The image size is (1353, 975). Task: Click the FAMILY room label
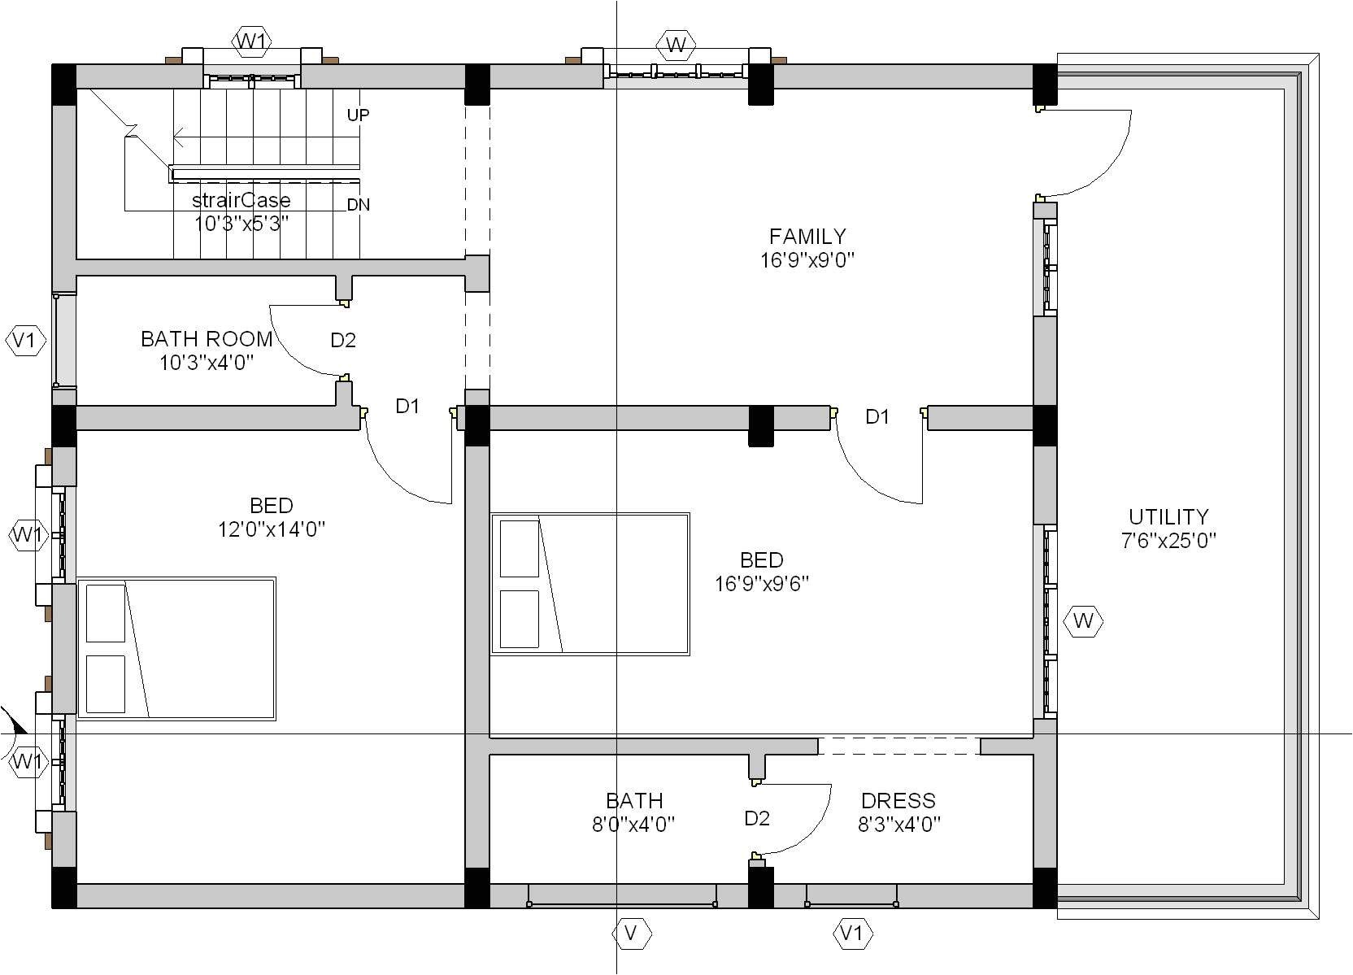tap(807, 236)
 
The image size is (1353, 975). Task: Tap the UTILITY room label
tap(1168, 516)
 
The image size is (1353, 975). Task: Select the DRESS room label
tap(898, 800)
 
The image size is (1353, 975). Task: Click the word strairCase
tap(241, 200)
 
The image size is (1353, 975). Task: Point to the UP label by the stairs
tap(359, 115)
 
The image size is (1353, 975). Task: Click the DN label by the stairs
tap(359, 205)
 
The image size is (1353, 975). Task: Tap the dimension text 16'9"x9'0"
tap(807, 260)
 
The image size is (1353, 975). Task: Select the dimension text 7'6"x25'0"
tap(1168, 541)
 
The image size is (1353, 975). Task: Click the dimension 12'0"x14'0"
tap(272, 530)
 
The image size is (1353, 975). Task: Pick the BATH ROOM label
tap(207, 339)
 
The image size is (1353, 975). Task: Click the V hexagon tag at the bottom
tap(632, 934)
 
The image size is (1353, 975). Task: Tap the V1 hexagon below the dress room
tap(852, 934)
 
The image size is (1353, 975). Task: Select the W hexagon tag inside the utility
tap(1084, 621)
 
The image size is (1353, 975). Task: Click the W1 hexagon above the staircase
tap(252, 41)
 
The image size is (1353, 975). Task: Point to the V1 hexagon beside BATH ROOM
tap(25, 341)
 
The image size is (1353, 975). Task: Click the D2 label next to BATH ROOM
tap(343, 341)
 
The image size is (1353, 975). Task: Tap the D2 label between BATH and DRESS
tap(757, 819)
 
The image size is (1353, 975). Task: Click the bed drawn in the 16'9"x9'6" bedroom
tap(590, 584)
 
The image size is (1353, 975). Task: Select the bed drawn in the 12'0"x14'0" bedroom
tap(176, 649)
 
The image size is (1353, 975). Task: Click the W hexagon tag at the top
tap(676, 45)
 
